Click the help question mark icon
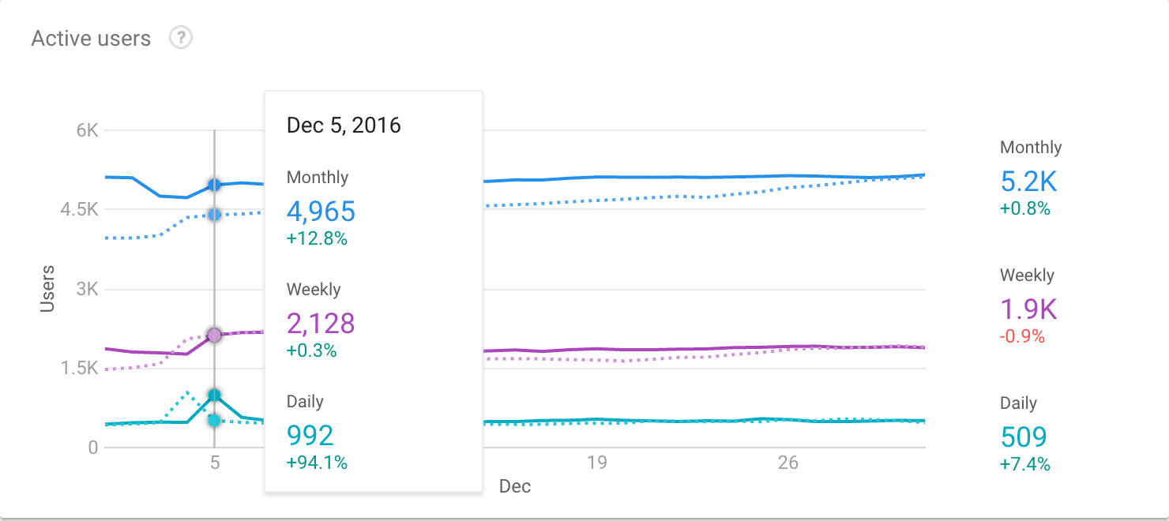click(x=182, y=38)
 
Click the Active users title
click(x=91, y=39)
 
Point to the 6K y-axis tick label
click(x=87, y=130)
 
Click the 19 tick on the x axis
click(x=596, y=463)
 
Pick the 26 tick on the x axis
click(x=787, y=463)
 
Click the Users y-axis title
click(x=47, y=289)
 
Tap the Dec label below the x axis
click(x=515, y=486)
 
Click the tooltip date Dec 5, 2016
click(x=344, y=125)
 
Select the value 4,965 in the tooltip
click(x=321, y=212)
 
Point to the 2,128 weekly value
click(x=321, y=324)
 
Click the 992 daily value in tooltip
click(x=310, y=436)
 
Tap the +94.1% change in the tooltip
click(x=317, y=463)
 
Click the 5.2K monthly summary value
click(x=1028, y=182)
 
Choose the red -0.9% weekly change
click(x=1022, y=336)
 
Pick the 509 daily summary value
click(x=1024, y=437)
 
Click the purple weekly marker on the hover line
click(x=214, y=335)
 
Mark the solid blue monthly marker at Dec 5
click(x=214, y=185)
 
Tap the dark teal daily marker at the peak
click(x=214, y=395)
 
